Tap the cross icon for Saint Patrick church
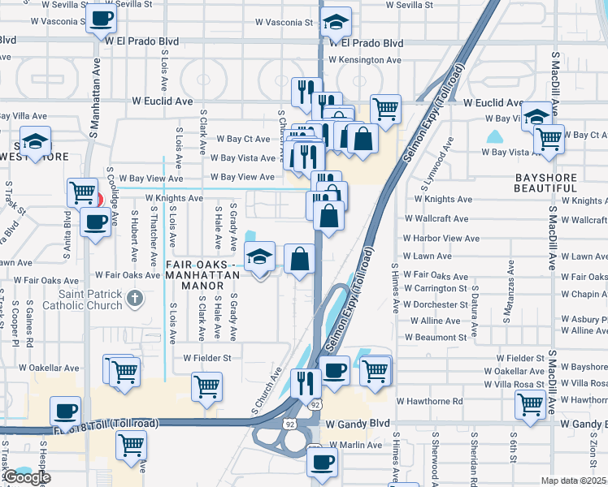135,300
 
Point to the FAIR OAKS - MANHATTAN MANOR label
202,269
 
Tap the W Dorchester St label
435,304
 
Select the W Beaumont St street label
436,337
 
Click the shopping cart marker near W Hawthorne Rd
530,403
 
